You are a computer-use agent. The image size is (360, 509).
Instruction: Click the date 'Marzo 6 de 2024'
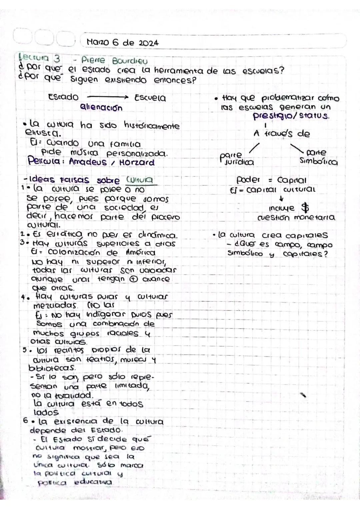[x=122, y=43]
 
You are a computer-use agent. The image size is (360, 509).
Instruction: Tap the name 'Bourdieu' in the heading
[x=130, y=61]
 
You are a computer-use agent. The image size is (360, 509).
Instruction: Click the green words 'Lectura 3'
[x=39, y=59]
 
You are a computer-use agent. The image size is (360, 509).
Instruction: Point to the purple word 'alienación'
[x=101, y=108]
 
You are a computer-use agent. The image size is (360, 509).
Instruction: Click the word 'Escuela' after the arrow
[x=150, y=98]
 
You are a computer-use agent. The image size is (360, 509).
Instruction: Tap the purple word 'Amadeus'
[x=88, y=162]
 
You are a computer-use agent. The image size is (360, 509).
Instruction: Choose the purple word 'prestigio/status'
[x=291, y=116]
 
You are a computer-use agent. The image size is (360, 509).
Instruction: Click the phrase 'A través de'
[x=282, y=134]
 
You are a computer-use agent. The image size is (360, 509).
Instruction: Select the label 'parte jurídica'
[x=237, y=159]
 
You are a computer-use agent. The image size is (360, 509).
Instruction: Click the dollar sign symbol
[x=305, y=208]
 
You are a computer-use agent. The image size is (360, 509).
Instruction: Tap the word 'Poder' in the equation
[x=248, y=180]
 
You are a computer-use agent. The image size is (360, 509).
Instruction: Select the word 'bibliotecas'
[x=52, y=368]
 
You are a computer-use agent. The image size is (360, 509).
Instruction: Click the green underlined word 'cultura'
[x=140, y=180]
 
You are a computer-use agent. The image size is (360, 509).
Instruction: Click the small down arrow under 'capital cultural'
[x=281, y=199]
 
